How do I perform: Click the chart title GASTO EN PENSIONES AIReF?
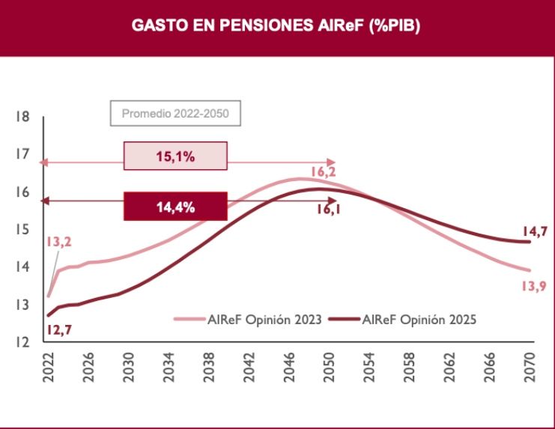[x=276, y=25]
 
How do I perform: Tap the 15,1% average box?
[x=175, y=156]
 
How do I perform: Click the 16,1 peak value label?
[x=328, y=210]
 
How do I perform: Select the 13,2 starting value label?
[x=59, y=243]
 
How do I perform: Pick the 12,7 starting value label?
[x=58, y=328]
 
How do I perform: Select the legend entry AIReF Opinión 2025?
[x=418, y=319]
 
